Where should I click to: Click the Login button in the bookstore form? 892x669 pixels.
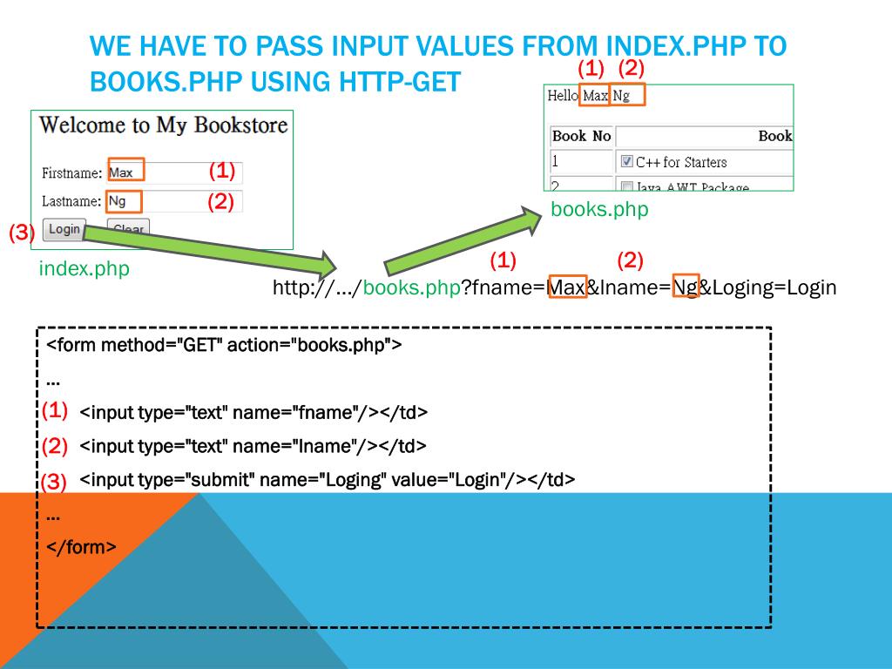point(64,229)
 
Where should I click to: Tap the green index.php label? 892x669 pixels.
point(84,268)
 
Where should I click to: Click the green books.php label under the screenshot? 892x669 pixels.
point(599,210)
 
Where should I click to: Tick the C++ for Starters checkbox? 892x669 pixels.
point(627,162)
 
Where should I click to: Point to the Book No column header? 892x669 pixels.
point(581,136)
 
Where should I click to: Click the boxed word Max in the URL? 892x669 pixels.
point(567,287)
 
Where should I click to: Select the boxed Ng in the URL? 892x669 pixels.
point(686,287)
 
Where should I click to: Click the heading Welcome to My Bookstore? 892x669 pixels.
point(163,125)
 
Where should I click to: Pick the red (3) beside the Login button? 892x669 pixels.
point(22,233)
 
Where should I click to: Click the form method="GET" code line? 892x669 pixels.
point(224,345)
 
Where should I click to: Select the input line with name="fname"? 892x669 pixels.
point(253,412)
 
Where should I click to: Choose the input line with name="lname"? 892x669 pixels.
point(253,446)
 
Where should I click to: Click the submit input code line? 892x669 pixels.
point(327,479)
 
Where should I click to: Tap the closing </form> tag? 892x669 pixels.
point(81,547)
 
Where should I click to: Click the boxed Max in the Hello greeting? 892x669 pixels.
point(595,96)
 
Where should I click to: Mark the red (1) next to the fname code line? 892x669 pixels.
point(55,409)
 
